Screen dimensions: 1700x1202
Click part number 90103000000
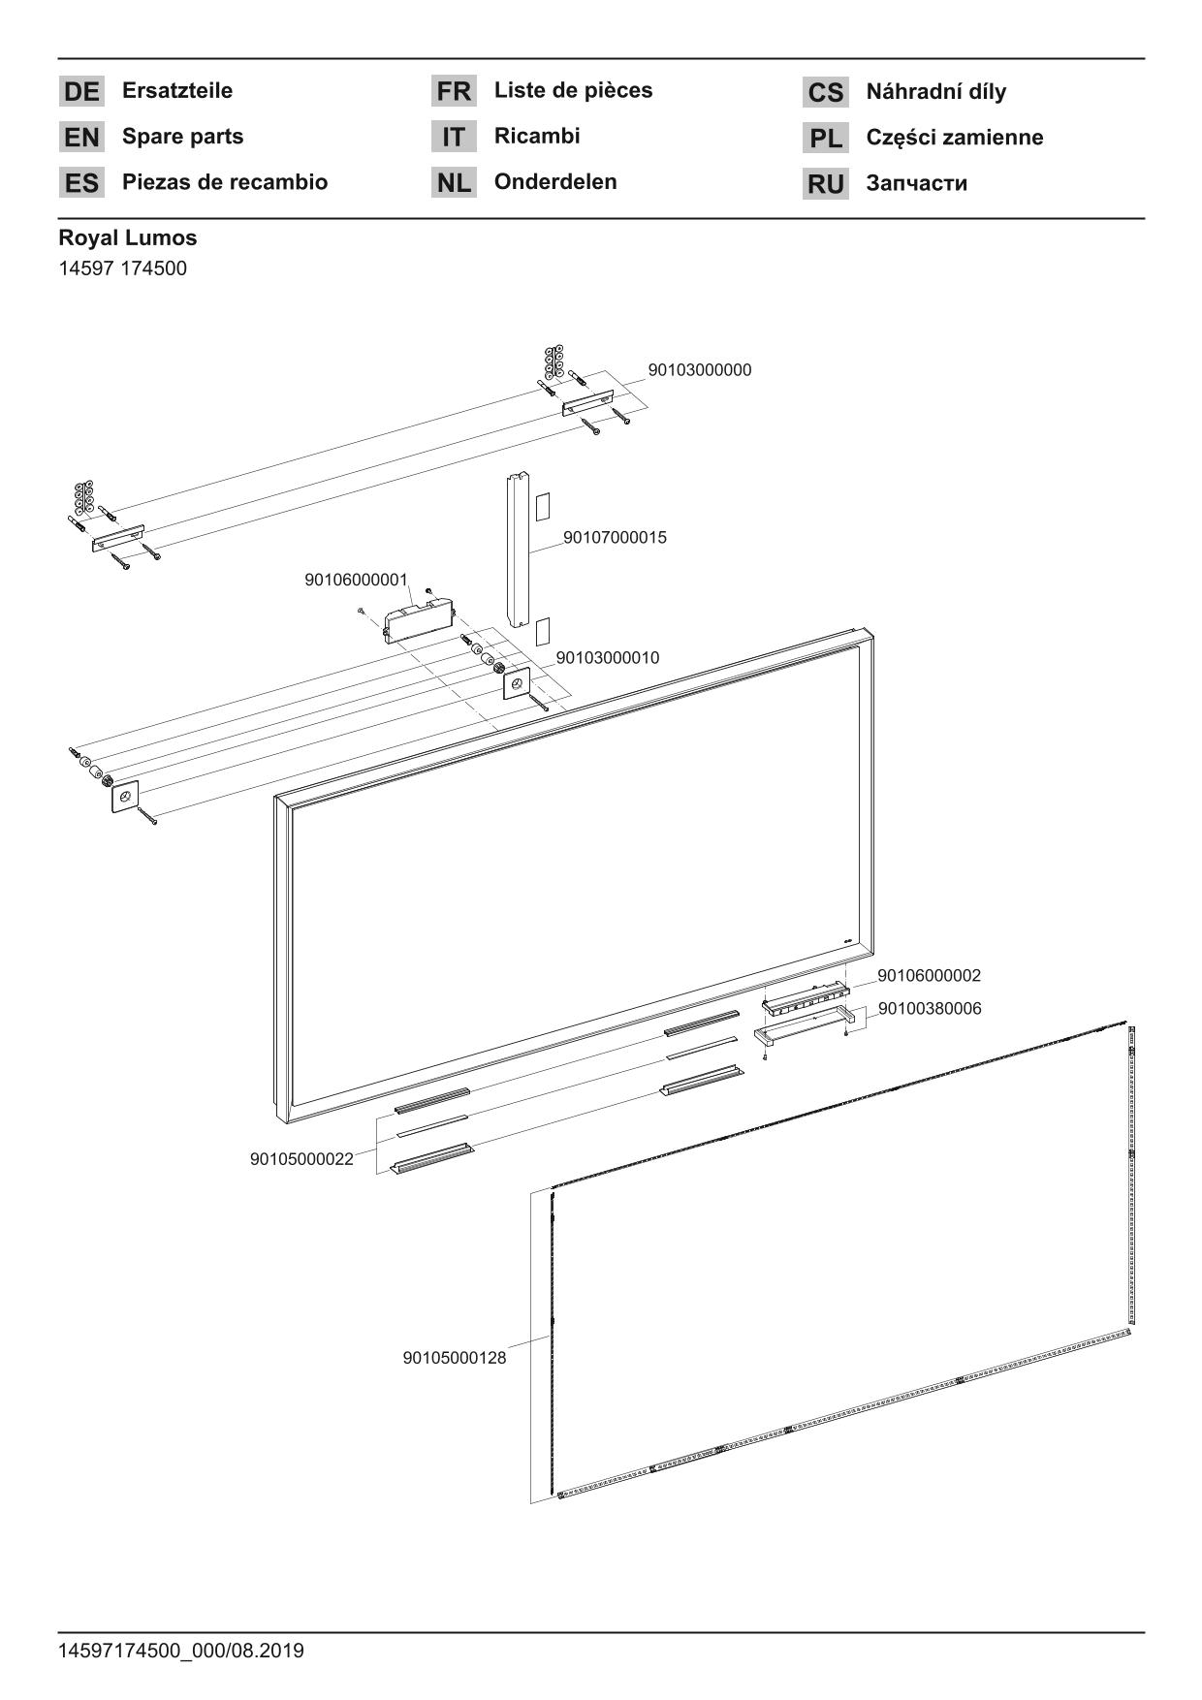(699, 370)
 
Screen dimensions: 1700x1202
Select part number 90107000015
(615, 538)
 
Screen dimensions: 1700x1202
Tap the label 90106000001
(356, 580)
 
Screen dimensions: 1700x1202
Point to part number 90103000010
(607, 658)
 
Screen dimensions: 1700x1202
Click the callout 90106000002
(929, 976)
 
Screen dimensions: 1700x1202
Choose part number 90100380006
(929, 1009)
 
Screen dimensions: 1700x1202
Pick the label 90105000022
(301, 1159)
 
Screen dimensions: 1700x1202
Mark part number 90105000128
(454, 1358)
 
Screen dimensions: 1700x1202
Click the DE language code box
(81, 92)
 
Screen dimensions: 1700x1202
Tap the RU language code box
(825, 184)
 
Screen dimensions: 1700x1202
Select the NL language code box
(454, 183)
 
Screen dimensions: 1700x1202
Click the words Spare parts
(182, 137)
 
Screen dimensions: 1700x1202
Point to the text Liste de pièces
(573, 91)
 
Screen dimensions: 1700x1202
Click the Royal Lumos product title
(127, 237)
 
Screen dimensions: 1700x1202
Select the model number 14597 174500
(122, 268)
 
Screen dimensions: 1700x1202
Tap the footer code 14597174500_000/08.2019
(180, 1651)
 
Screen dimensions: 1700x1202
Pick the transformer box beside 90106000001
(419, 616)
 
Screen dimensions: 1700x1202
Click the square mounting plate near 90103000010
(516, 685)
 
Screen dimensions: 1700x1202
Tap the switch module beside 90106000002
(805, 999)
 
